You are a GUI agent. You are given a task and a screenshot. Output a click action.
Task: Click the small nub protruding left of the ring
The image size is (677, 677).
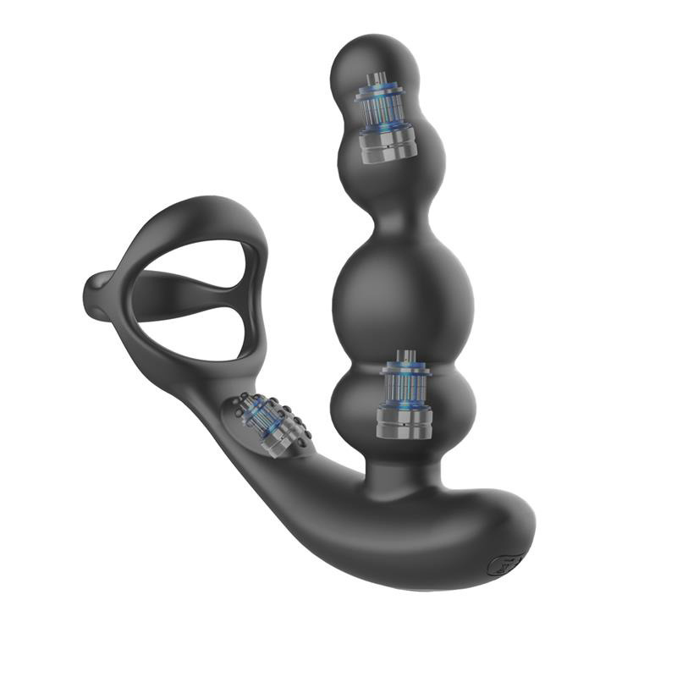tap(95, 292)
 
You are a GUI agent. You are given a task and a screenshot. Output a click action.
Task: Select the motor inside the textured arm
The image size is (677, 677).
tap(263, 424)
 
